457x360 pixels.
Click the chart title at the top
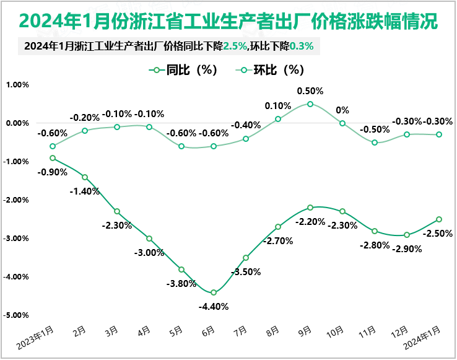(228, 20)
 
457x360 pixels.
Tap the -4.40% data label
(214, 306)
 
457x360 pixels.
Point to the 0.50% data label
(310, 91)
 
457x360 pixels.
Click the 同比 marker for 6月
(214, 292)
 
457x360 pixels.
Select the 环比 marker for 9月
(310, 104)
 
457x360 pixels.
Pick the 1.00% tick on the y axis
(17, 85)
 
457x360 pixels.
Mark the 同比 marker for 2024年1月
(439, 219)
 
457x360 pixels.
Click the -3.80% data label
(181, 284)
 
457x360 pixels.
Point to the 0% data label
(342, 110)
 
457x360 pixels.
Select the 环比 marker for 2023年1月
(53, 146)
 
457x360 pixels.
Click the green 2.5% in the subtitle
(237, 46)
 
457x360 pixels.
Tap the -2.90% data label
(407, 249)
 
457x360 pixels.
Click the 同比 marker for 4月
(149, 239)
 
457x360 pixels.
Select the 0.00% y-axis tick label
(17, 123)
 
